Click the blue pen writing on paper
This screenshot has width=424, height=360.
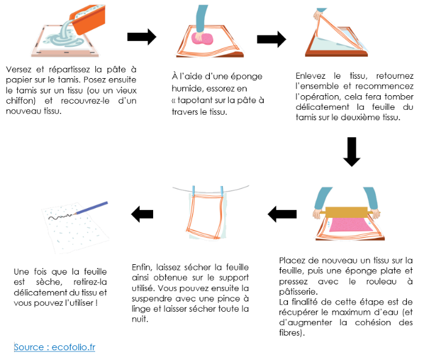92,207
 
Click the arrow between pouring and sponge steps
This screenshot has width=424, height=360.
142,37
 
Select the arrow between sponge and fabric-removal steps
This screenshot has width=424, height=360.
271,40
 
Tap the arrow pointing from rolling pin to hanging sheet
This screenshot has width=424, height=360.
282,214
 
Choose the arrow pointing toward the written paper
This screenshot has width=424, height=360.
142,214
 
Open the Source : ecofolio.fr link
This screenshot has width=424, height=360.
54,347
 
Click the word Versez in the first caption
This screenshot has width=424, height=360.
18,70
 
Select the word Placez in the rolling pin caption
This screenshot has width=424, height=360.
292,260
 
